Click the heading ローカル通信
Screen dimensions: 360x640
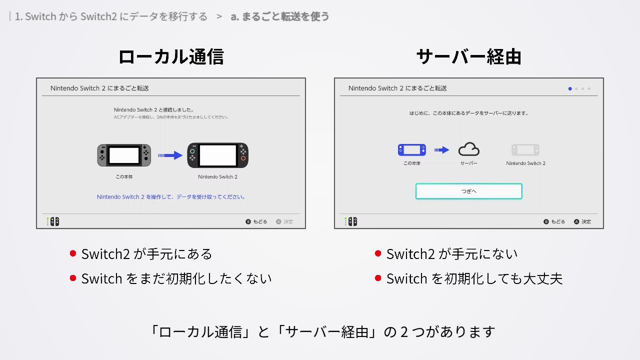click(x=170, y=56)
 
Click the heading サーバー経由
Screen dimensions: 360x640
click(x=468, y=56)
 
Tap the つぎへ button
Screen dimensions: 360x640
click(x=468, y=191)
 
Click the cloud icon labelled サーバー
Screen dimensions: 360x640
click(x=468, y=149)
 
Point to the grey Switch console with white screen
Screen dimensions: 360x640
click(x=124, y=155)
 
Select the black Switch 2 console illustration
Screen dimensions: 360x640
click(x=217, y=155)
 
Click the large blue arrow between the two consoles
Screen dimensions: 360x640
click(x=170, y=155)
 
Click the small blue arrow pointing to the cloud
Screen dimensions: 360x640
click(x=441, y=150)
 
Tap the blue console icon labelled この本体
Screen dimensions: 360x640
click(x=411, y=150)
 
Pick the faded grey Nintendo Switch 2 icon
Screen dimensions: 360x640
click(x=525, y=150)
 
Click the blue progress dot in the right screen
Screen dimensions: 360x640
click(x=570, y=89)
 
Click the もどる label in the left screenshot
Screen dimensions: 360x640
click(x=259, y=221)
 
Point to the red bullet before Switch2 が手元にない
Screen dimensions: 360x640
click(x=378, y=253)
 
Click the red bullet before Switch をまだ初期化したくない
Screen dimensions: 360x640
click(x=73, y=278)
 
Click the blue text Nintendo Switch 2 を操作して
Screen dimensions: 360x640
click(x=171, y=197)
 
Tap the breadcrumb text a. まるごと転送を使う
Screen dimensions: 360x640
click(x=280, y=16)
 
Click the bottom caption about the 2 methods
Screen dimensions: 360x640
click(x=322, y=331)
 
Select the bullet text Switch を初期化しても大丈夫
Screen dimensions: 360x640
click(x=474, y=278)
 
